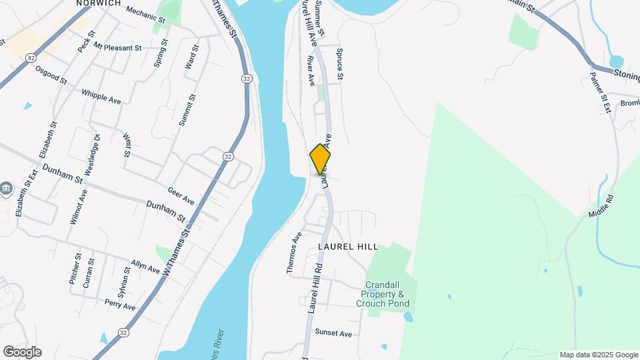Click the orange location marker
(321, 159)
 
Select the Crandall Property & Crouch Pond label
(383, 294)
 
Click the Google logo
(22, 352)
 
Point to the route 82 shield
(31, 58)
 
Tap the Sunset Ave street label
(333, 333)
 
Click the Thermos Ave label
(294, 253)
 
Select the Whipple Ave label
(101, 97)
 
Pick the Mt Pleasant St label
(117, 47)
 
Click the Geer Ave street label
(181, 195)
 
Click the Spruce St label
(339, 64)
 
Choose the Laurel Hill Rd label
(315, 287)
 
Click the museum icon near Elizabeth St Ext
(7, 189)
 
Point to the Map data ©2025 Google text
(599, 355)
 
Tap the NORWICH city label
(98, 3)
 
